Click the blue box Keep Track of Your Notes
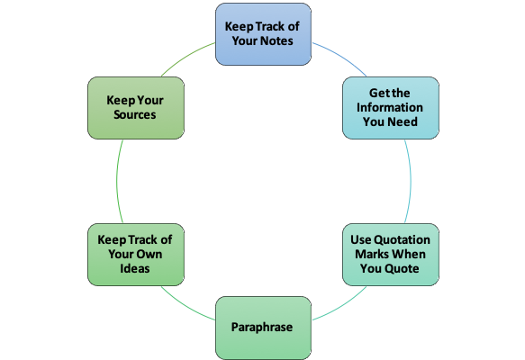[263, 34]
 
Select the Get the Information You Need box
[391, 108]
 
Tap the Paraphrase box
[263, 328]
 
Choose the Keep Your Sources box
[136, 108]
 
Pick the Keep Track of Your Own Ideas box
[136, 255]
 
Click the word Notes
[276, 40]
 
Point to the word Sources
[134, 115]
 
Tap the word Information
[390, 107]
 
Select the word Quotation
[402, 239]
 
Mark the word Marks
[371, 255]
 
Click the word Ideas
[135, 269]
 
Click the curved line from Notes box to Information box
[341, 57]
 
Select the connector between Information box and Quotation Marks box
[411, 181]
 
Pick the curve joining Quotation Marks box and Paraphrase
[341, 305]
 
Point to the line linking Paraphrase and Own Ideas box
[186, 305]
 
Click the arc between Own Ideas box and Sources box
[116, 181]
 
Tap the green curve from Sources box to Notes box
[186, 57]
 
